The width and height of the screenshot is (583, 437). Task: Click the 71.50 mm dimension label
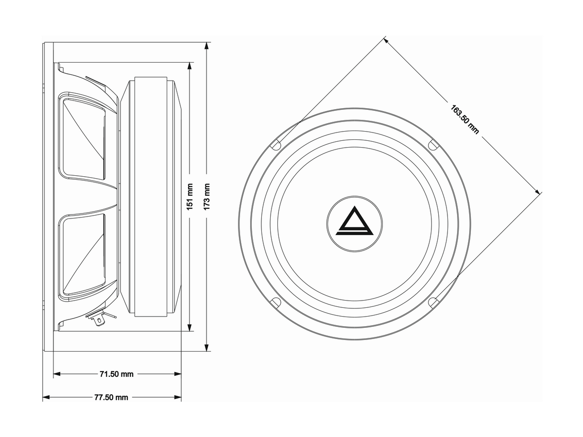(116, 374)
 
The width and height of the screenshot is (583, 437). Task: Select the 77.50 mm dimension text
(111, 397)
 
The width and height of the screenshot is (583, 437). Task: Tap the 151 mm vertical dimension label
(190, 197)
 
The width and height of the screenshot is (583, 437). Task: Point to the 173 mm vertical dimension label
(207, 197)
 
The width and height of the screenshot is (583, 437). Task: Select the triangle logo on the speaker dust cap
(354, 222)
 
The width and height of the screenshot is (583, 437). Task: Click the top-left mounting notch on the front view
(275, 144)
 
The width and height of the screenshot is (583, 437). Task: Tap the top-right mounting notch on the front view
(433, 144)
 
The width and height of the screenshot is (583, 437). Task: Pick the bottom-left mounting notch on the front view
(275, 301)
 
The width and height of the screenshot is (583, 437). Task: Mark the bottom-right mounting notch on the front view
(433, 302)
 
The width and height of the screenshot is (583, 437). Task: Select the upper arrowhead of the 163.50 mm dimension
(387, 40)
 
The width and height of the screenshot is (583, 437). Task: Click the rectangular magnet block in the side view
(150, 197)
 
